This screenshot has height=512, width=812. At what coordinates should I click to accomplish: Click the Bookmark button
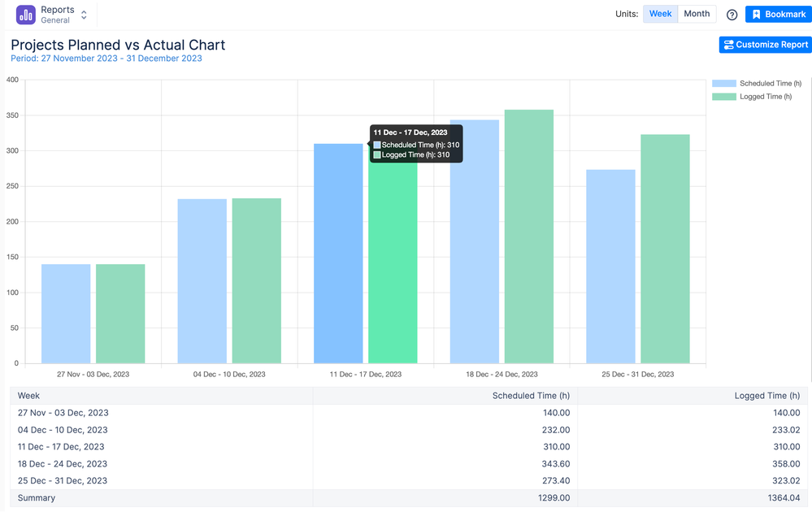pos(778,15)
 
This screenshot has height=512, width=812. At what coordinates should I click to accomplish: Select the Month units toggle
pos(697,14)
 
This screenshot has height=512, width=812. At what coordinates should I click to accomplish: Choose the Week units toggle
pos(660,14)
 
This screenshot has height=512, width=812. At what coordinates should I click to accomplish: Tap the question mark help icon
pos(732,15)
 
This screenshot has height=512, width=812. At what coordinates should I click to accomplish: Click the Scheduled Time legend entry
pos(757,84)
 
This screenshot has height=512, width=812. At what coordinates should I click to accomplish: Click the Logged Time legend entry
pos(752,97)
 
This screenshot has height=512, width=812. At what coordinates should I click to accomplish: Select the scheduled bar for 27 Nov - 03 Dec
pos(66,314)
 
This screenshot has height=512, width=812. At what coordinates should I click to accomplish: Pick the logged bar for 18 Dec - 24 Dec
pos(528,236)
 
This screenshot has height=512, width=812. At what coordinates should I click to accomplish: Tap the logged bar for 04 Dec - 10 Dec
pos(256,280)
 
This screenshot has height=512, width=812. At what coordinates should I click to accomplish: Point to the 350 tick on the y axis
pos(12,115)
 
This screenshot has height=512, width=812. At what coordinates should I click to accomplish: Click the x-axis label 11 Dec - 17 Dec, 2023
pos(365,375)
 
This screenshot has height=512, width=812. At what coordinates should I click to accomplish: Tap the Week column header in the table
pos(29,396)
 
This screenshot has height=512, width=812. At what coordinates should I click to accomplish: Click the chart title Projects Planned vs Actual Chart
pos(118,46)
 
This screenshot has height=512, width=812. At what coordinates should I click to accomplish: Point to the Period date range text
pos(106,59)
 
